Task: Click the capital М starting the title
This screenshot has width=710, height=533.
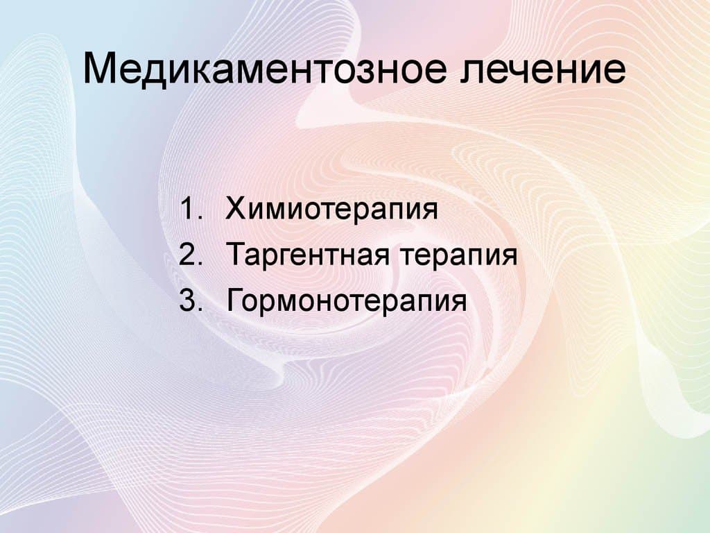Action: tap(99, 71)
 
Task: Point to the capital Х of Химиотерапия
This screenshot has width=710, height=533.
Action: tap(234, 209)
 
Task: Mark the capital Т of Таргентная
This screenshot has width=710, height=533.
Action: tap(234, 255)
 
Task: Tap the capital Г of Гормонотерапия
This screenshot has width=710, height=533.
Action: tap(234, 302)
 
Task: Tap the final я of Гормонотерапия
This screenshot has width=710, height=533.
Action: tap(457, 305)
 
